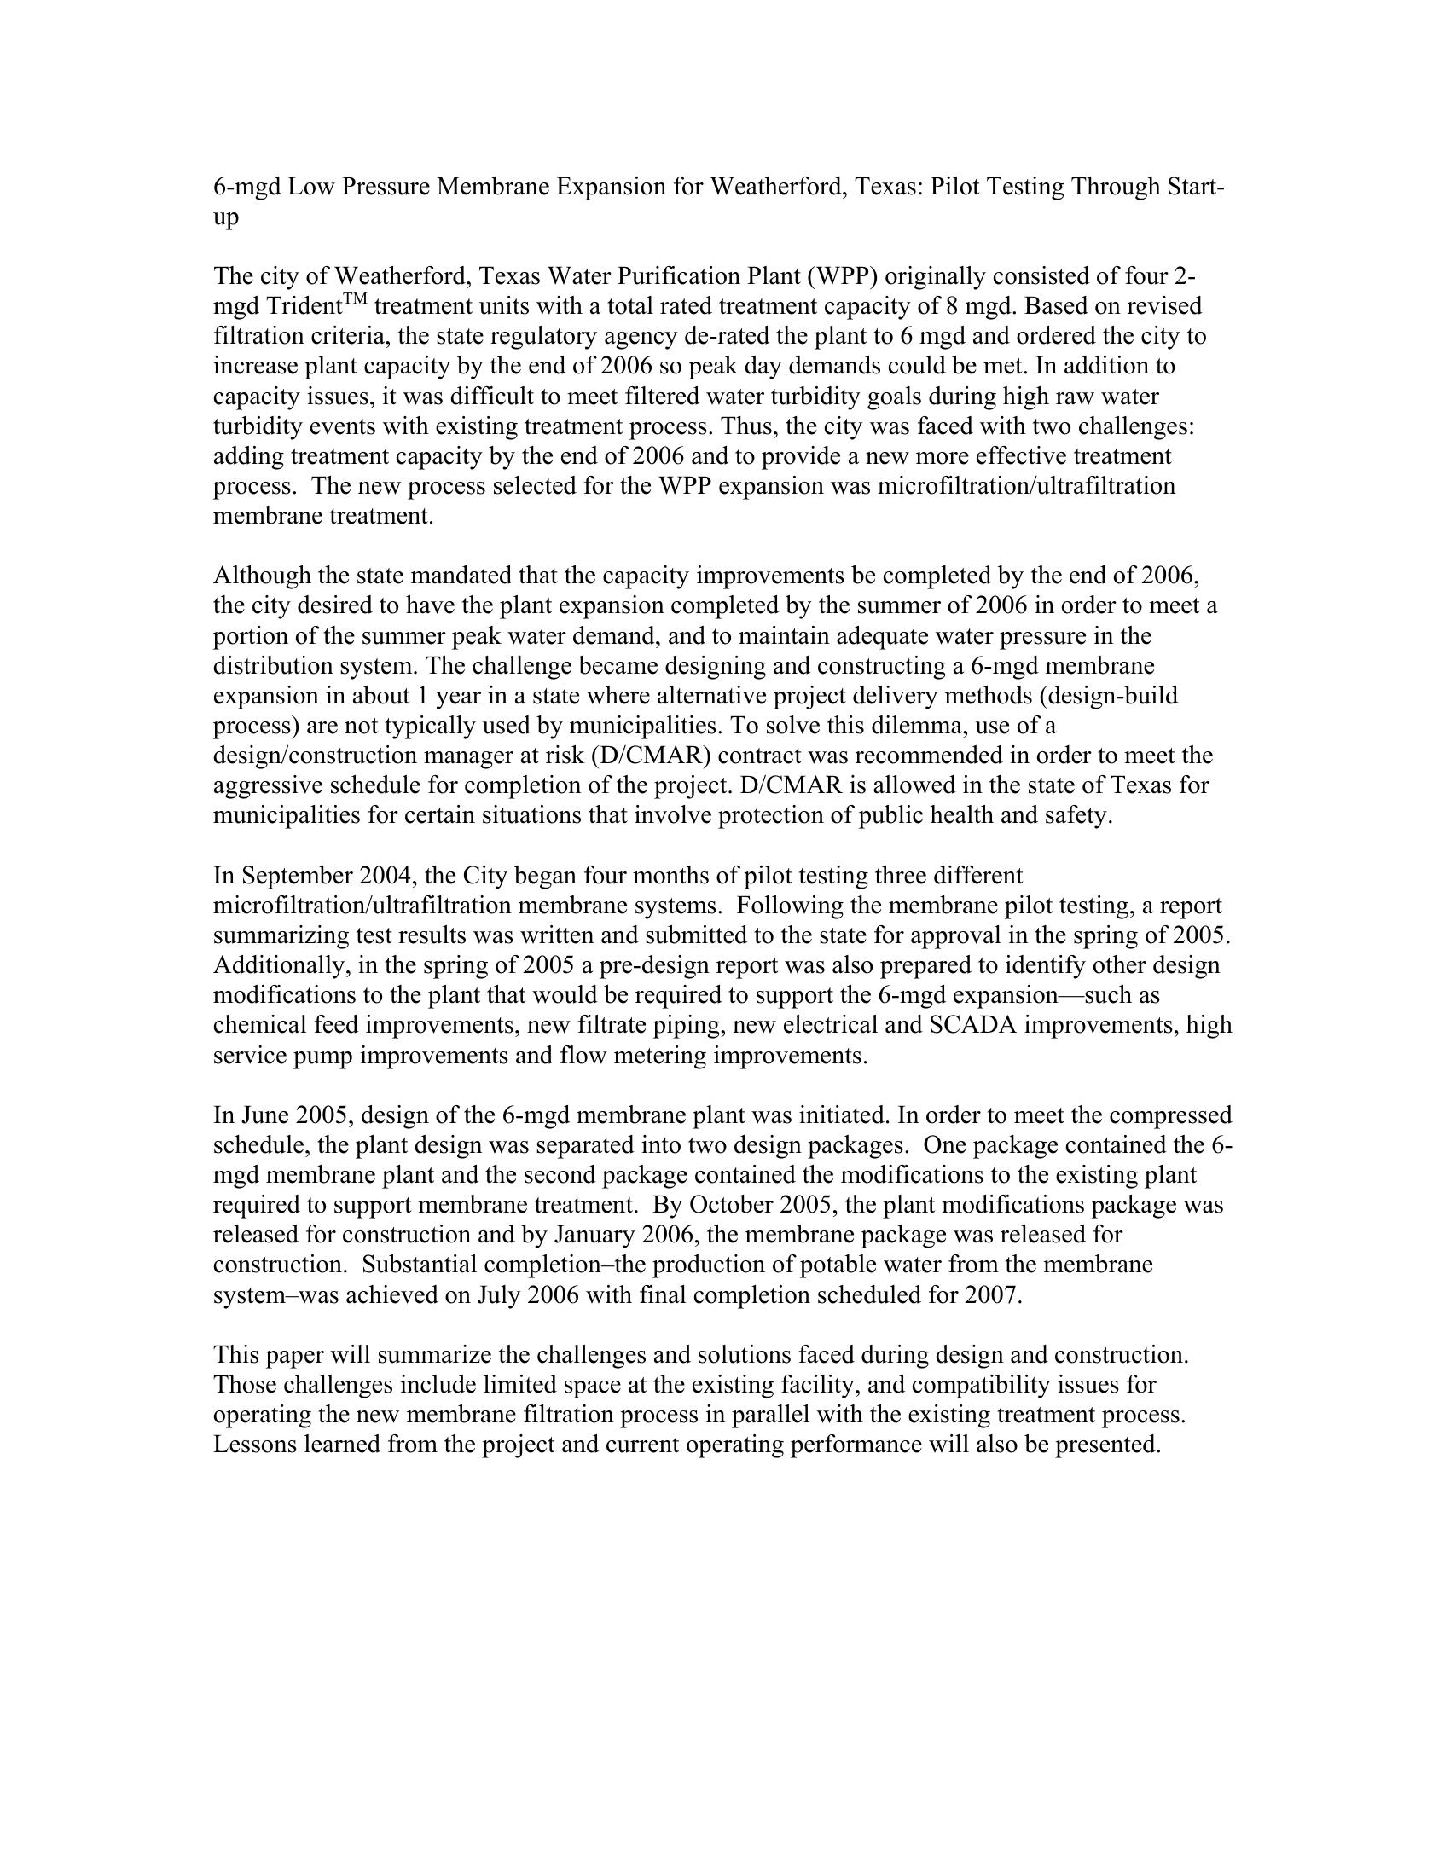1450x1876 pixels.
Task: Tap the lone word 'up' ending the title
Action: click(226, 218)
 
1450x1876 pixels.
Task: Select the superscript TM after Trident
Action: click(356, 299)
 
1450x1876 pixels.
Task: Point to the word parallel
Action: click(729, 1415)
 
